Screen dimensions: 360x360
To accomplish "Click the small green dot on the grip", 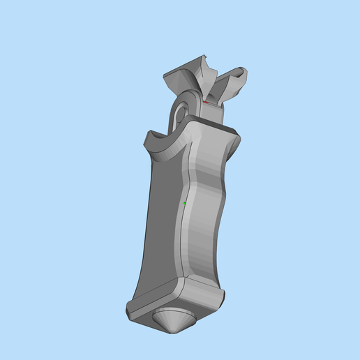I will tap(184, 203).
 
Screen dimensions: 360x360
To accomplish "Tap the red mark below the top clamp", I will tap(205, 102).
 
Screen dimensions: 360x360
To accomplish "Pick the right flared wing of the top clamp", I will tap(230, 84).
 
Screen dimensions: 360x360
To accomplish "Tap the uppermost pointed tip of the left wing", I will tap(205, 56).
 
